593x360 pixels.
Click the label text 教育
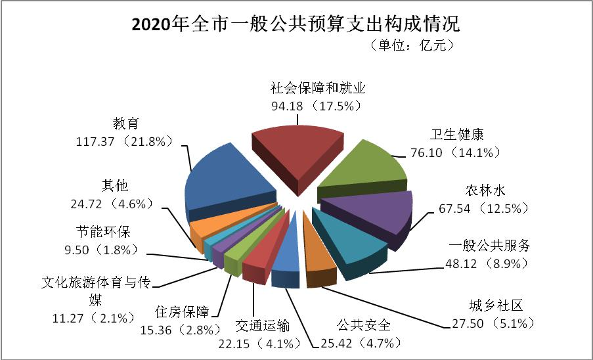coord(125,123)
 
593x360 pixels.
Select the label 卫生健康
coord(457,135)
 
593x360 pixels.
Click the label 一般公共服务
coord(489,246)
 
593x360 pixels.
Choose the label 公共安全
coord(363,325)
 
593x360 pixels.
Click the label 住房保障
coord(182,311)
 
